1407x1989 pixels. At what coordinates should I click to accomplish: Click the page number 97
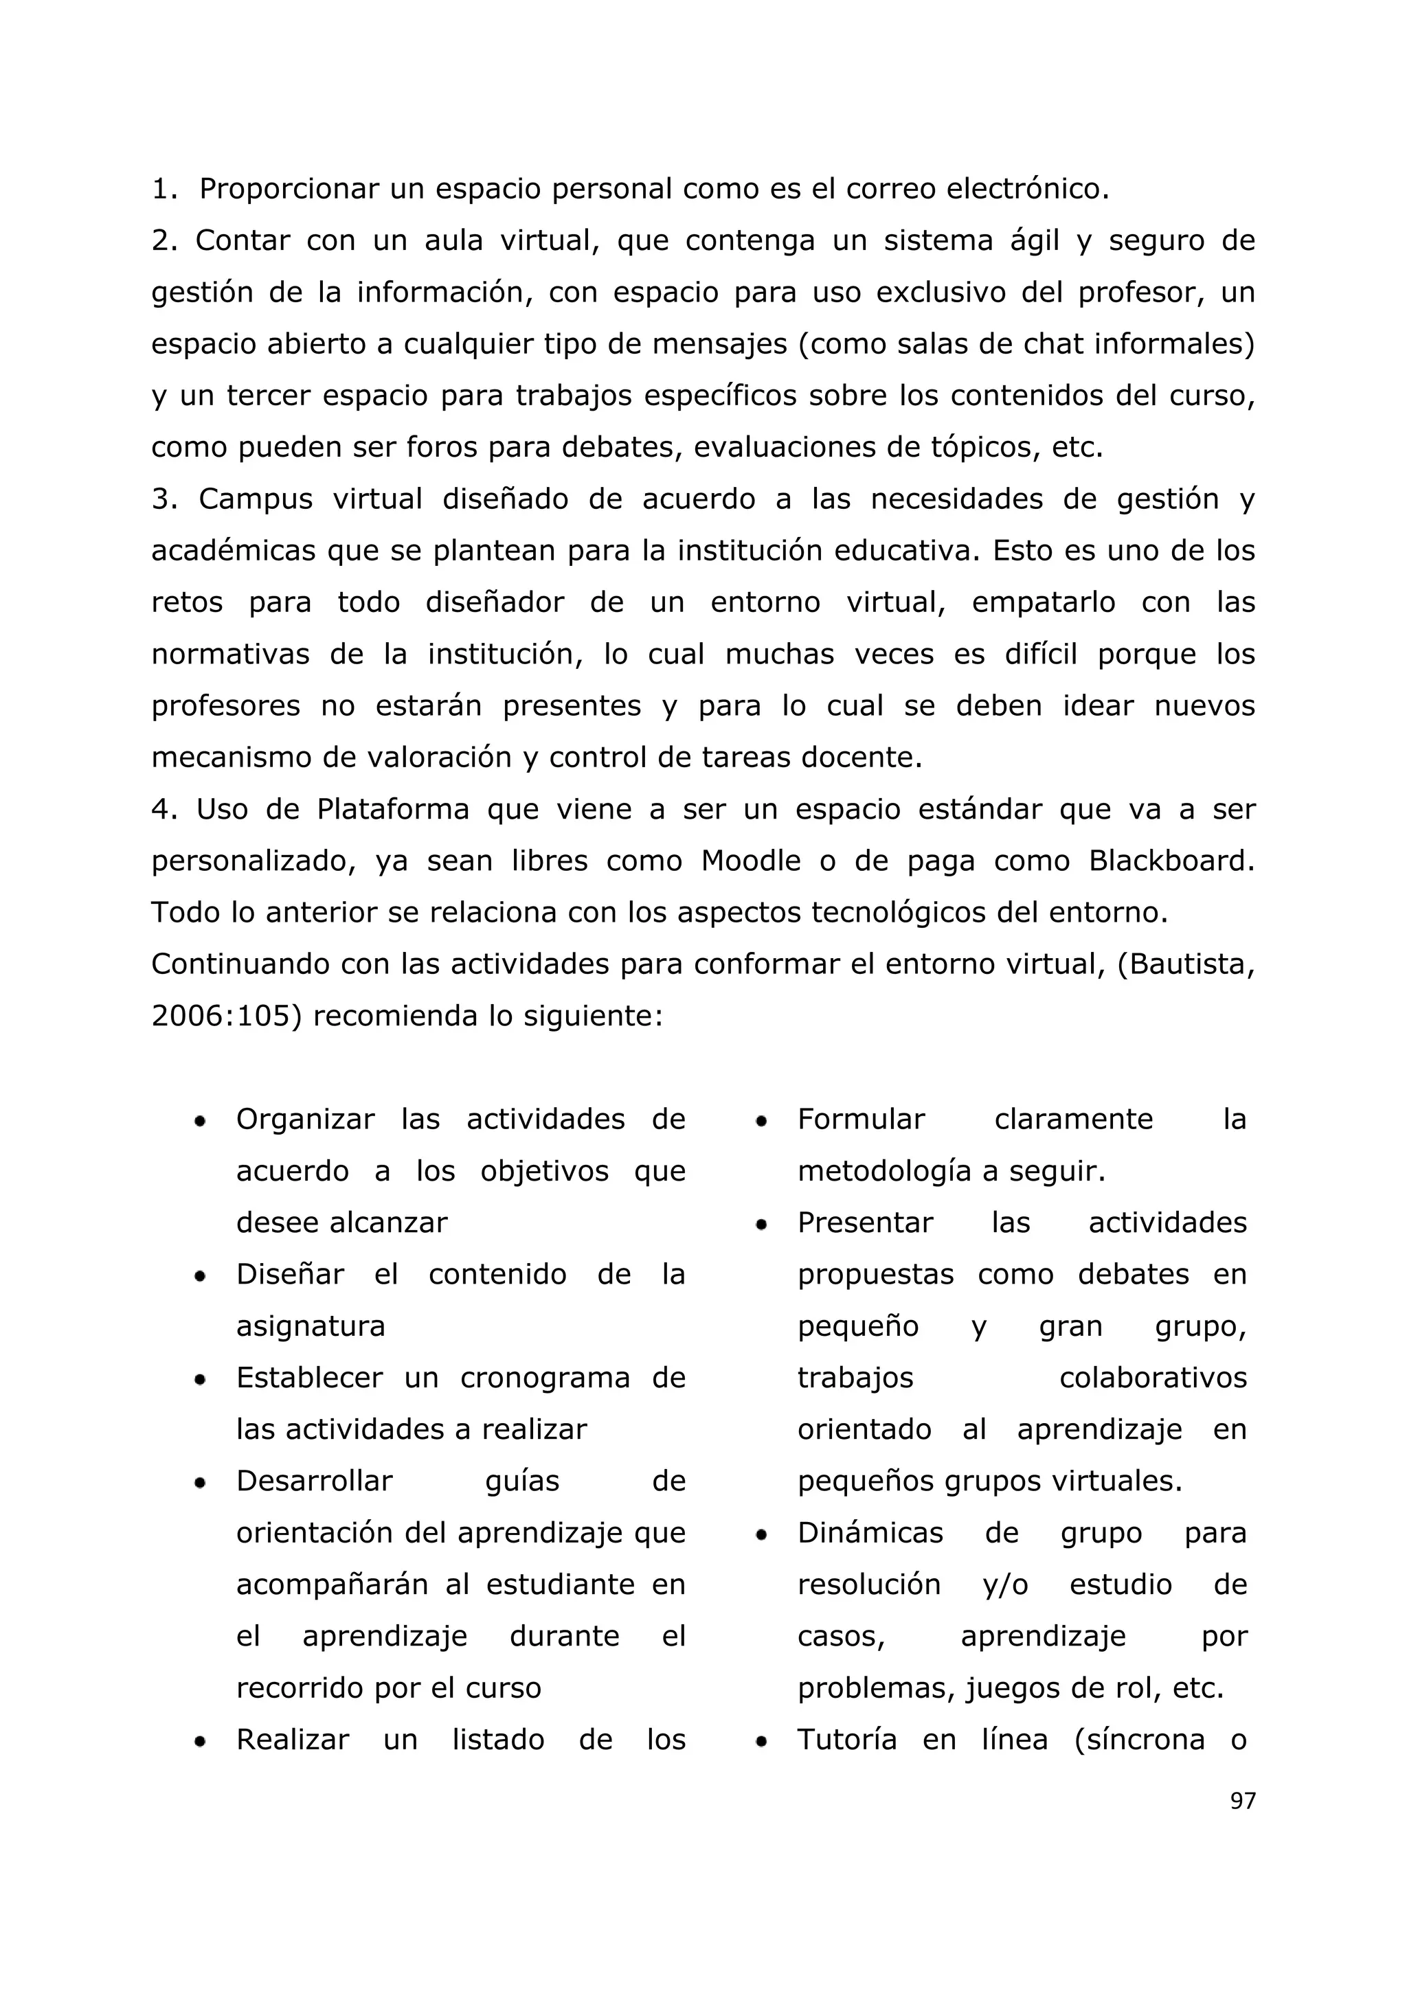(x=1241, y=1800)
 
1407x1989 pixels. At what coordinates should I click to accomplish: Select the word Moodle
(x=750, y=861)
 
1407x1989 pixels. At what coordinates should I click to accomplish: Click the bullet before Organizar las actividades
(x=200, y=1122)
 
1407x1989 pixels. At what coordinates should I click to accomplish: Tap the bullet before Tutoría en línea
(x=761, y=1742)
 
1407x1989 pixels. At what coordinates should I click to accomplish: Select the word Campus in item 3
(x=256, y=500)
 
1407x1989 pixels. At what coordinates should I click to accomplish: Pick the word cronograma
(x=545, y=1378)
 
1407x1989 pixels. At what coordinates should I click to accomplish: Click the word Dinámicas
(x=870, y=1534)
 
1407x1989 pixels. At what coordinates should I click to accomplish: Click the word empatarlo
(x=1043, y=603)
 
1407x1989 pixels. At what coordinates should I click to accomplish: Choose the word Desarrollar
(x=315, y=1481)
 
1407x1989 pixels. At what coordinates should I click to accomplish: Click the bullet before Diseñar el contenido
(x=200, y=1277)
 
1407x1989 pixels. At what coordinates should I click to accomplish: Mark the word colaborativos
(x=1152, y=1378)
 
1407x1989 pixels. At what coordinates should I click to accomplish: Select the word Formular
(x=862, y=1119)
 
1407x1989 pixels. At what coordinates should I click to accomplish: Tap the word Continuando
(x=241, y=964)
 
